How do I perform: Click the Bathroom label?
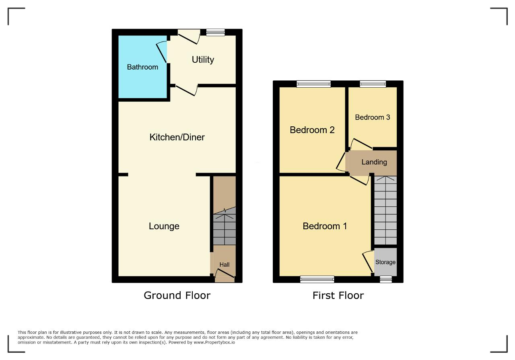pyautogui.click(x=142, y=67)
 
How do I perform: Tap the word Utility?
pyautogui.click(x=203, y=60)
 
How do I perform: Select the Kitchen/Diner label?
pyautogui.click(x=177, y=137)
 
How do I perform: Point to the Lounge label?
pyautogui.click(x=164, y=226)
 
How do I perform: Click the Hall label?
pyautogui.click(x=225, y=265)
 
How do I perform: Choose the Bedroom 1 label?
pyautogui.click(x=325, y=226)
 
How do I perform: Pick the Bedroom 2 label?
pyautogui.click(x=312, y=130)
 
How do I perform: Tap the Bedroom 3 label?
pyautogui.click(x=373, y=117)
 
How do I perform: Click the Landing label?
pyautogui.click(x=374, y=162)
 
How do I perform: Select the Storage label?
pyautogui.click(x=385, y=262)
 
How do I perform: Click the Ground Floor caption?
pyautogui.click(x=177, y=295)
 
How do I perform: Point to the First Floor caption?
pyautogui.click(x=338, y=295)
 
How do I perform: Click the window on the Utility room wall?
pyautogui.click(x=215, y=33)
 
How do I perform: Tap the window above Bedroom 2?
pyautogui.click(x=313, y=84)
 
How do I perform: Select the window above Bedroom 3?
pyautogui.click(x=373, y=84)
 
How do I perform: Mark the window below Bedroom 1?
pyautogui.click(x=317, y=279)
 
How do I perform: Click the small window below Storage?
pyautogui.click(x=386, y=279)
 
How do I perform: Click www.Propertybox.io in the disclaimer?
pyautogui.click(x=214, y=343)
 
